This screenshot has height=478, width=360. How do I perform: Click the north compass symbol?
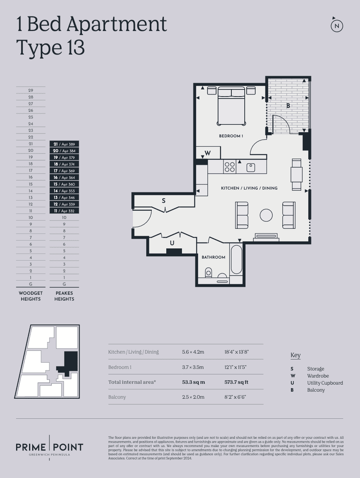[337, 26]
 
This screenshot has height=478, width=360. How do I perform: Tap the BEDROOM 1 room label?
[231, 136]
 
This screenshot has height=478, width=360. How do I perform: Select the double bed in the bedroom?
[231, 106]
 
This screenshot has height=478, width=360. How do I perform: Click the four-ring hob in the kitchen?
[230, 167]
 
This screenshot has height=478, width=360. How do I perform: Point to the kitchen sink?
[251, 168]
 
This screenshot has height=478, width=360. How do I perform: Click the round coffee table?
[266, 215]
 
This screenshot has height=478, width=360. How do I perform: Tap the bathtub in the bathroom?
[236, 259]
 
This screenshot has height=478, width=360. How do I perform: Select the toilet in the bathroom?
[208, 272]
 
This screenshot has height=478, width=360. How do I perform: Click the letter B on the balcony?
[288, 106]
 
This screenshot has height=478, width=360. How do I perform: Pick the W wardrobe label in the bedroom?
[207, 153]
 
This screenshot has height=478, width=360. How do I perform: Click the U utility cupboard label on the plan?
[172, 243]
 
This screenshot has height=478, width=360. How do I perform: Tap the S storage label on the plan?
[164, 201]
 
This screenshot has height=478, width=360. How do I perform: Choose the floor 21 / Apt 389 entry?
[64, 144]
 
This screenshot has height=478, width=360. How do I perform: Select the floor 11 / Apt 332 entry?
[64, 211]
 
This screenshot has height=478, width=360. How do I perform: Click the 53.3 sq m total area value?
[193, 382]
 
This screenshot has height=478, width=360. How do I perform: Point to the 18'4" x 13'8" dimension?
[236, 352]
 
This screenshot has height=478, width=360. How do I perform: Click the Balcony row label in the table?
[117, 397]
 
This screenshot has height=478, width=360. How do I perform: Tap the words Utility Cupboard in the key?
[325, 383]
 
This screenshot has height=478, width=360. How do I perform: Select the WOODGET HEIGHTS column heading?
[31, 296]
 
